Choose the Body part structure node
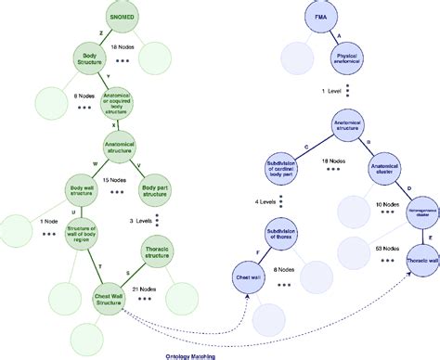[154, 192]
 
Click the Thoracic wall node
[423, 262]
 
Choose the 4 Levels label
[270, 200]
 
